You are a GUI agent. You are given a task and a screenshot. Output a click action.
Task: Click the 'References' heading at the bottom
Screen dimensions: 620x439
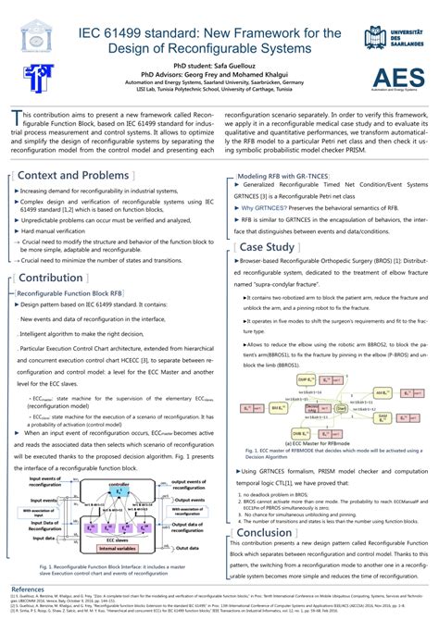[27, 589]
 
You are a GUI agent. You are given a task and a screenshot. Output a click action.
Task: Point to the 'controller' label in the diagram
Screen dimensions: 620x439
[119, 484]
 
